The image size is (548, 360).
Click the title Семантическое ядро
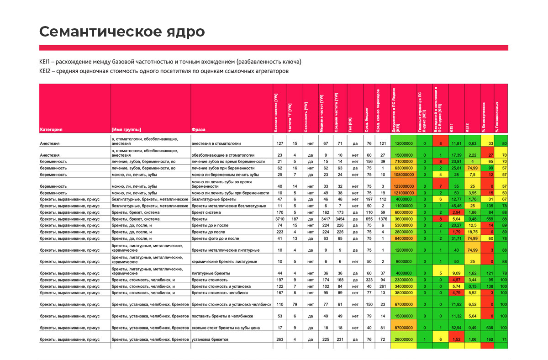121,32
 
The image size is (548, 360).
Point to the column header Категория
51,129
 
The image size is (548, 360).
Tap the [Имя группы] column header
126,129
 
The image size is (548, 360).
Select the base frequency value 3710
279,219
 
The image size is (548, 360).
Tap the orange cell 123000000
404,186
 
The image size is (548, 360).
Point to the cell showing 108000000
404,174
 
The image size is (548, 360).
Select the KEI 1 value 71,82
457,304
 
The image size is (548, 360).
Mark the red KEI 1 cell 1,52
457,339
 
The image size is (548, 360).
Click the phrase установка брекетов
210,339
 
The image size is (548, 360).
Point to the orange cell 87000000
404,327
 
